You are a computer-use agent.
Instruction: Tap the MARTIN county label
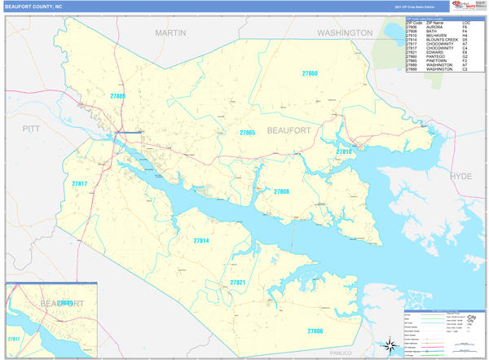click(x=170, y=33)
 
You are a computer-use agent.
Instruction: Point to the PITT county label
click(x=31, y=129)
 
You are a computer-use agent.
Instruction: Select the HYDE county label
click(x=461, y=176)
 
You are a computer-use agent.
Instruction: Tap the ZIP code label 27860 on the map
click(x=310, y=74)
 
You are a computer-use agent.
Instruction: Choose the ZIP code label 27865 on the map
click(x=247, y=132)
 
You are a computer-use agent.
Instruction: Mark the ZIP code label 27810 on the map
click(x=344, y=151)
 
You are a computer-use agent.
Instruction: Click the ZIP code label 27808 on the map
click(x=281, y=191)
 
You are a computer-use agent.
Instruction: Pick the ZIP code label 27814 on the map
click(x=200, y=241)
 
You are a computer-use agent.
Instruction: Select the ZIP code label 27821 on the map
click(x=237, y=282)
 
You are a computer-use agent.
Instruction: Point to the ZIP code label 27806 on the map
click(x=315, y=331)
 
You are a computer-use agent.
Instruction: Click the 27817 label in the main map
click(x=79, y=184)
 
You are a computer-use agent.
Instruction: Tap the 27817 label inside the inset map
click(x=14, y=338)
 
